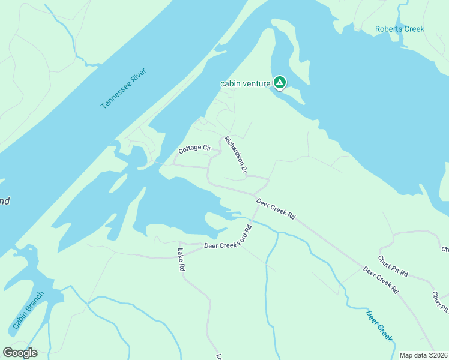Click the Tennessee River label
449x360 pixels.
(x=124, y=88)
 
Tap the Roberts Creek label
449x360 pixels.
(x=399, y=29)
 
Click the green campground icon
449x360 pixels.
(x=279, y=82)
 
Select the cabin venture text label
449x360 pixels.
(x=246, y=84)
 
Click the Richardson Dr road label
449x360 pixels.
(x=236, y=155)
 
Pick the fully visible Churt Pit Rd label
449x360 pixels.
(x=393, y=266)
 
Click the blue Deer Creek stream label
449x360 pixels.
(x=379, y=326)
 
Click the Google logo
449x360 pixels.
(x=19, y=353)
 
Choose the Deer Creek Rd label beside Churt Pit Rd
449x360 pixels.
(x=381, y=280)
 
